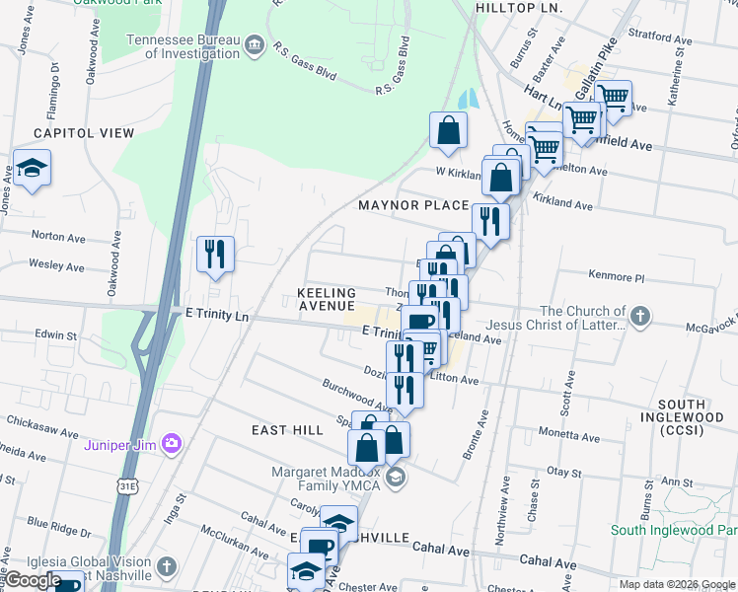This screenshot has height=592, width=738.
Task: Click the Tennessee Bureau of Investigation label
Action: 183,46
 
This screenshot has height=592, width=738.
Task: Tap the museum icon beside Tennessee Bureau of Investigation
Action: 255,43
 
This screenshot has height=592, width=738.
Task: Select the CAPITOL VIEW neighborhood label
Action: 84,133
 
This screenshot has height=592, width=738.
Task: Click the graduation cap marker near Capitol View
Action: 33,168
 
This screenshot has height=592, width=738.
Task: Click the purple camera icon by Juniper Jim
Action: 173,444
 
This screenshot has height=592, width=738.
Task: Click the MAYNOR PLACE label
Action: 413,205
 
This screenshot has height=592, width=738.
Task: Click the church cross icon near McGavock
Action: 640,317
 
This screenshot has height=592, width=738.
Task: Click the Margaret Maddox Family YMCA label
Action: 328,479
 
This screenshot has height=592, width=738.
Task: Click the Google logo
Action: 33,580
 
